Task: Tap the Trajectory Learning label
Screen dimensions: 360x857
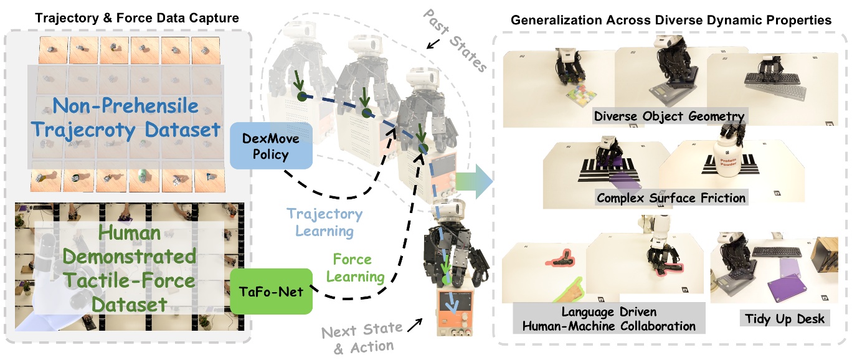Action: (324, 222)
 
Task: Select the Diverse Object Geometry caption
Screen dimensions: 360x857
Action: (670, 116)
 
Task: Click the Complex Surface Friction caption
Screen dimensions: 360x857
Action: (671, 199)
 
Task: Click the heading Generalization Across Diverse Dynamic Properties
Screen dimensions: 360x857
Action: (671, 20)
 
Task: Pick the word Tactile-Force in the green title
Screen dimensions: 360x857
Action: (118, 280)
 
